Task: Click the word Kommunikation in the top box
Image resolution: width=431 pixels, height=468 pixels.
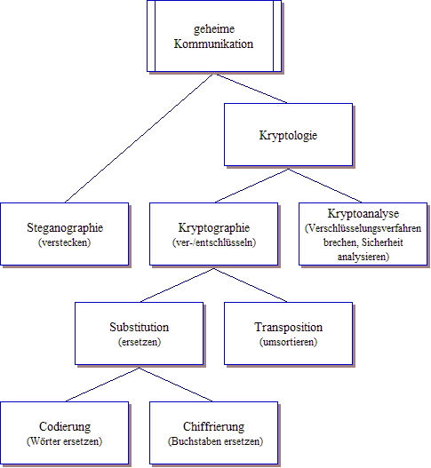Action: [213, 44]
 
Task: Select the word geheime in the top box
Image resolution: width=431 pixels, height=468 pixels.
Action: [214, 29]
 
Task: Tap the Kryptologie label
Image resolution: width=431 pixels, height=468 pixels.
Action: [288, 135]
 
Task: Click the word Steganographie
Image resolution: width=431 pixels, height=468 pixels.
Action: [65, 227]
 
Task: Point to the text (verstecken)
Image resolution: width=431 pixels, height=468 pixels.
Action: [64, 242]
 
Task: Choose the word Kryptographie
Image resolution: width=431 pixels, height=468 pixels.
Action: [214, 227]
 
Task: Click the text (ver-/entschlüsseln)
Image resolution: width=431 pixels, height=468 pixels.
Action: [214, 242]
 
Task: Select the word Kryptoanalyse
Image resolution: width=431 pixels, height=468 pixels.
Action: [363, 214]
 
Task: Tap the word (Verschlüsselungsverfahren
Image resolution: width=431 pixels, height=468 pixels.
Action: [363, 228]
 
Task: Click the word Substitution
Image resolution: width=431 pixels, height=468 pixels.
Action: [140, 327]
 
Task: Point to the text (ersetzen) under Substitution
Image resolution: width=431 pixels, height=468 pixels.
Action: [140, 342]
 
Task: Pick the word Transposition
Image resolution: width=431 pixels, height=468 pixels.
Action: [289, 327]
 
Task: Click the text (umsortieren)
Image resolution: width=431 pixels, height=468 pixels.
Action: [288, 342]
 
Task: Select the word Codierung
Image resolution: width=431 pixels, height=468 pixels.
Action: [65, 426]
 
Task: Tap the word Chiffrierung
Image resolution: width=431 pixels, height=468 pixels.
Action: [214, 426]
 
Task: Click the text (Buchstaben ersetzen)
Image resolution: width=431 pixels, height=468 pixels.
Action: [215, 441]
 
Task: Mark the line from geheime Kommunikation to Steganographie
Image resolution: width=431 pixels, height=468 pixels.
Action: [139, 139]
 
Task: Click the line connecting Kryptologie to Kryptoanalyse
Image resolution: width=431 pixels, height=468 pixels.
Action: [325, 186]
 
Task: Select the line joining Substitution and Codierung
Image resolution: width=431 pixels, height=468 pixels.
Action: [102, 385]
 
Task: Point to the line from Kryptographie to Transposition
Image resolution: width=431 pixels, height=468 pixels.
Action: [251, 285]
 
